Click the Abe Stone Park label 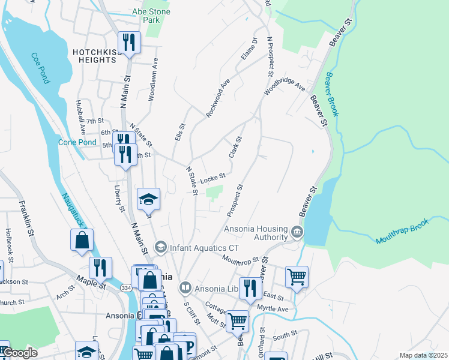point(151,16)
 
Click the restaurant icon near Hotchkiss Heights point(128,42)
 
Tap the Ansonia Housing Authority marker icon point(297,232)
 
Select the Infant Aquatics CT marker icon point(160,247)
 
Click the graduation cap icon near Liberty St point(148,199)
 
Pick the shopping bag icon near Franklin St point(82,239)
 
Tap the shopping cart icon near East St point(297,277)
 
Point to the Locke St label point(212,178)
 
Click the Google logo point(19,353)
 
